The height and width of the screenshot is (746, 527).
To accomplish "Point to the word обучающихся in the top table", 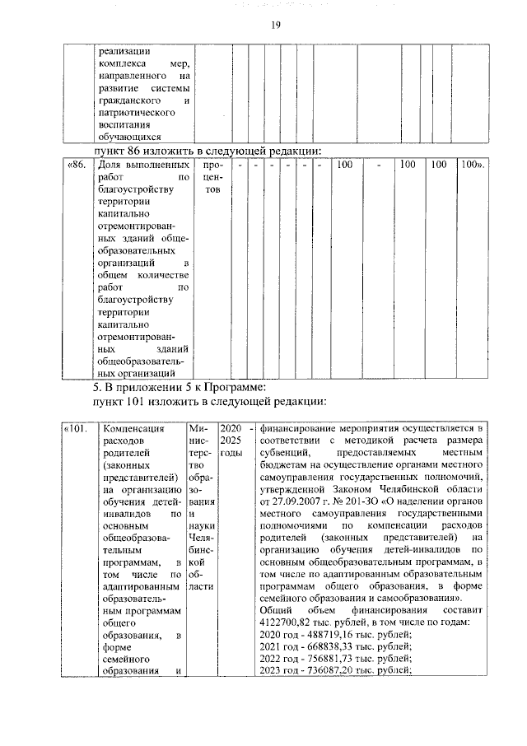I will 124,137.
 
